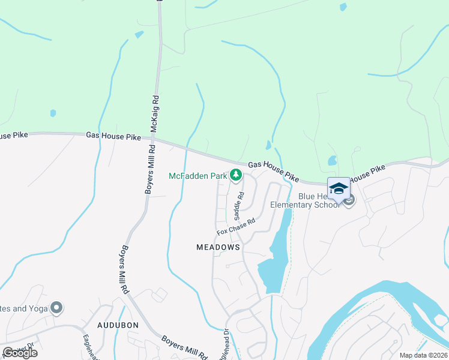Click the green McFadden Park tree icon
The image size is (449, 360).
(237, 175)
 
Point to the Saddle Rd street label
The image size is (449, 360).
(239, 205)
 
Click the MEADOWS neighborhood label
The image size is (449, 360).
(218, 247)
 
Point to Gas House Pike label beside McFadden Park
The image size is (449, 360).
(273, 170)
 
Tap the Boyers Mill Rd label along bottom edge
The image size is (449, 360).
(184, 346)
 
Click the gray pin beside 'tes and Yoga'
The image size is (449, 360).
(57, 308)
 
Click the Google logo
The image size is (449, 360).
(20, 353)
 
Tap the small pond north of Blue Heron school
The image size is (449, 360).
(332, 161)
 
